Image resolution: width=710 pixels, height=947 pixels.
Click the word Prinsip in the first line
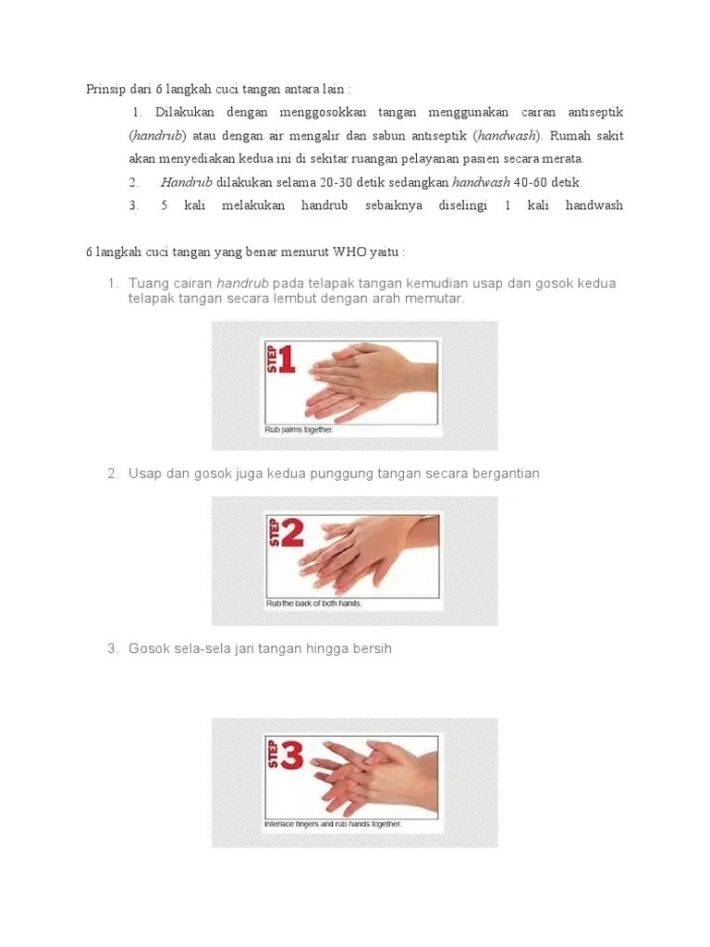click(x=106, y=89)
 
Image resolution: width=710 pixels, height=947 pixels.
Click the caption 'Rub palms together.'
click(x=299, y=429)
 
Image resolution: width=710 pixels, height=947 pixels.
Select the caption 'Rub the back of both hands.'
click(x=313, y=604)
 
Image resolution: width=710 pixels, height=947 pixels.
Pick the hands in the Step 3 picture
click(x=370, y=772)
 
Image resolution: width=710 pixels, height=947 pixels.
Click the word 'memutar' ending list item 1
click(x=437, y=300)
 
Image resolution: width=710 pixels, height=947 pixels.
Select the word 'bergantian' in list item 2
click(x=505, y=473)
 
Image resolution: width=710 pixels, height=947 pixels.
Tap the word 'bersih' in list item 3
click(x=372, y=648)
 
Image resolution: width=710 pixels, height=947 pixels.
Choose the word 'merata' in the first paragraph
click(x=562, y=159)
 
